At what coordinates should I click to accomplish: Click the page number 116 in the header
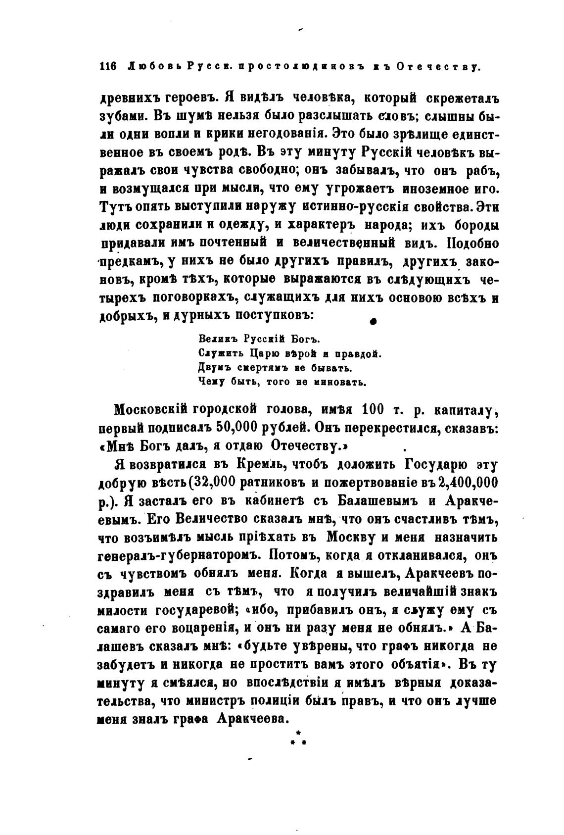point(107,67)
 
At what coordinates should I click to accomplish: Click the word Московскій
point(151,410)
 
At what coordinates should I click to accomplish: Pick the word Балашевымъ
point(374,500)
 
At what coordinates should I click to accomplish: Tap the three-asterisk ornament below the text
point(297,739)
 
